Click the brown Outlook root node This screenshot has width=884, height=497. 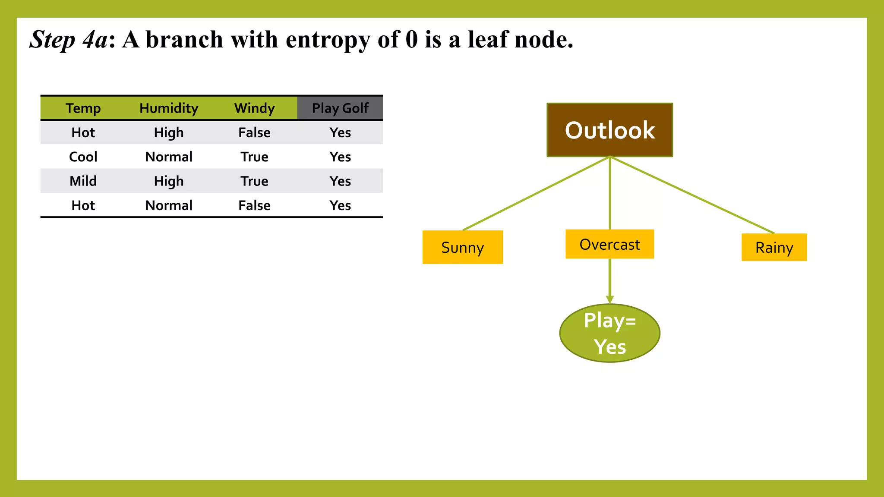click(609, 130)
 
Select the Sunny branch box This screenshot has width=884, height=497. click(462, 247)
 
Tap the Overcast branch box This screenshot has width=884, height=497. click(609, 244)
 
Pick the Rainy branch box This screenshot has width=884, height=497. click(774, 247)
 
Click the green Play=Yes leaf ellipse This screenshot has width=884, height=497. click(609, 333)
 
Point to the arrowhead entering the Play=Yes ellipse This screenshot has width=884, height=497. click(609, 299)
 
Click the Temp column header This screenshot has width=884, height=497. click(83, 108)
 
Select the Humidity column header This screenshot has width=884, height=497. click(169, 108)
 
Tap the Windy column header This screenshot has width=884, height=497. click(254, 108)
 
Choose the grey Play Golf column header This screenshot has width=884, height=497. click(340, 108)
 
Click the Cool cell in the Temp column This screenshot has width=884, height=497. click(83, 157)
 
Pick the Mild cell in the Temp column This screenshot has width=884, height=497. click(83, 181)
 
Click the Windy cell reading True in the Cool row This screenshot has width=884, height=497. click(254, 157)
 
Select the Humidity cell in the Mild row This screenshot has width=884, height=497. click(169, 181)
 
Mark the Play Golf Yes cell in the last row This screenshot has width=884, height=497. click(340, 205)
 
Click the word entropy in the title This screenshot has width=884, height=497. click(328, 40)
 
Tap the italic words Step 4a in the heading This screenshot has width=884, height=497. click(69, 40)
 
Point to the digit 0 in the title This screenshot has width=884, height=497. click(412, 40)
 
